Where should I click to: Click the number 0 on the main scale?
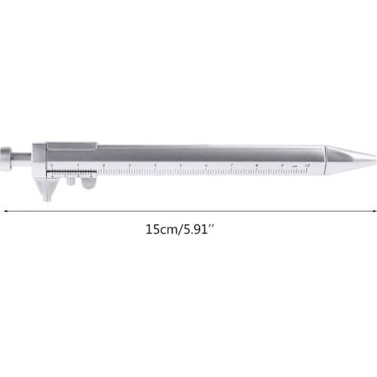point(52,164)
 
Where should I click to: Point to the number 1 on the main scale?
point(77,164)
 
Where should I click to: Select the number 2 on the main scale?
point(103,164)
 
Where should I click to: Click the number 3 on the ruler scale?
point(129,164)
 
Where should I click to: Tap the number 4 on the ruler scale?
point(155,164)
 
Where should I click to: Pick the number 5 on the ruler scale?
point(180,164)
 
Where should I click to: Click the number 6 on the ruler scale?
point(206,164)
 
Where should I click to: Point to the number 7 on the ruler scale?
point(231,164)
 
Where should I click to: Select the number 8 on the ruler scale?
point(257,164)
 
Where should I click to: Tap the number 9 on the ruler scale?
point(283,164)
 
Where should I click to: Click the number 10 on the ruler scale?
point(307,164)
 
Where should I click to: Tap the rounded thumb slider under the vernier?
point(89,183)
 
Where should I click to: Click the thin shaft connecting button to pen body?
point(23,158)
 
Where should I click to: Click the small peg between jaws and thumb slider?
point(70,181)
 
